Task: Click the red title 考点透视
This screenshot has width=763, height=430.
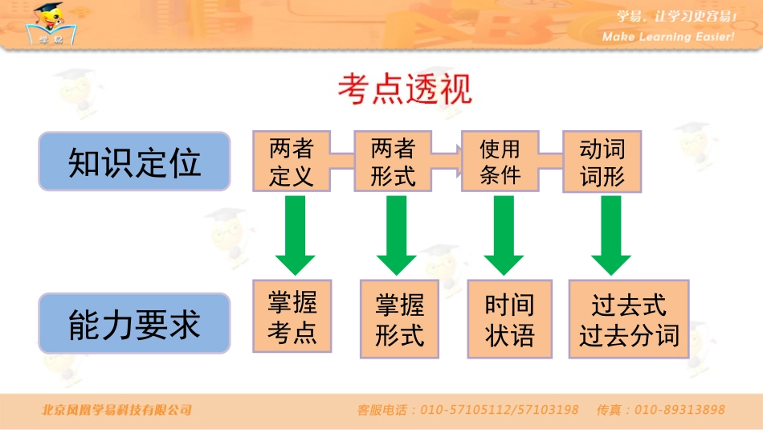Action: click(405, 90)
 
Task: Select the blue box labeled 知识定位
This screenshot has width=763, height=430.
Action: click(135, 162)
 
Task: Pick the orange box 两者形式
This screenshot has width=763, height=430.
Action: click(393, 162)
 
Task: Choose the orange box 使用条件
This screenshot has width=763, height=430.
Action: click(500, 162)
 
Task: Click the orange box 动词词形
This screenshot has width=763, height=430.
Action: click(602, 162)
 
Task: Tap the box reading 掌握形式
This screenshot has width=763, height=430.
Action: click(399, 319)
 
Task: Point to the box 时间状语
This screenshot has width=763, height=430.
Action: click(509, 319)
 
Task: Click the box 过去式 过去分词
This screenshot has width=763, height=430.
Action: click(629, 319)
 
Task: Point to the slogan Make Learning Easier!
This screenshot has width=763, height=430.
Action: click(668, 37)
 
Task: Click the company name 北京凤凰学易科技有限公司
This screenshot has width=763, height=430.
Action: click(117, 410)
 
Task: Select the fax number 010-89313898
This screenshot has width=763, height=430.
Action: click(679, 410)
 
